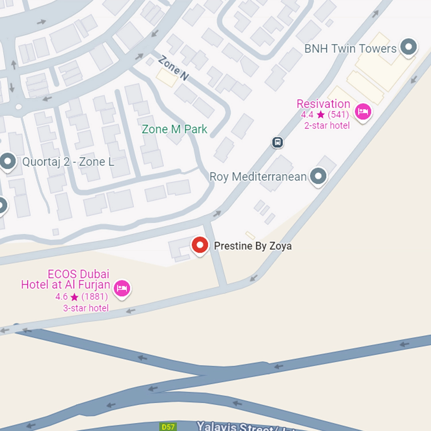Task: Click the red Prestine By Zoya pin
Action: pyautogui.click(x=200, y=246)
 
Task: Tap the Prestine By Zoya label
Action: pyautogui.click(x=253, y=246)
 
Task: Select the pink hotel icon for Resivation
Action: pyautogui.click(x=363, y=112)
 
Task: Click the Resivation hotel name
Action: pyautogui.click(x=323, y=104)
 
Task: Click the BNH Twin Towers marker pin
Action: pyautogui.click(x=408, y=47)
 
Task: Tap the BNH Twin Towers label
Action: pyautogui.click(x=350, y=49)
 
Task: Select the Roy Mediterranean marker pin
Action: pyautogui.click(x=318, y=176)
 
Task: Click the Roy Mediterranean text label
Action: pyautogui.click(x=258, y=177)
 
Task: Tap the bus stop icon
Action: pyautogui.click(x=277, y=142)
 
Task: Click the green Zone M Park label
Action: pyautogui.click(x=174, y=129)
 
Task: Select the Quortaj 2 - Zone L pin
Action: pyautogui.click(x=8, y=161)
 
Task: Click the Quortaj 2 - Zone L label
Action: pyautogui.click(x=68, y=162)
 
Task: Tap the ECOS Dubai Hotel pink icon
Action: pyautogui.click(x=122, y=288)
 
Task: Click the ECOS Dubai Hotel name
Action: pyautogui.click(x=66, y=279)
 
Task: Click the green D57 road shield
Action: pyautogui.click(x=168, y=427)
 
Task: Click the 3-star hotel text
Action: pyautogui.click(x=86, y=308)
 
